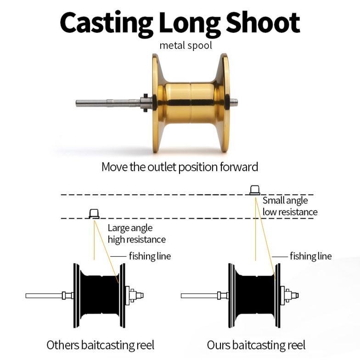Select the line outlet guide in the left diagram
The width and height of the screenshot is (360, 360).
(94, 213)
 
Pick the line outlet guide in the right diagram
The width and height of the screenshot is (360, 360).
(254, 190)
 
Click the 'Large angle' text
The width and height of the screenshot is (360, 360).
(130, 228)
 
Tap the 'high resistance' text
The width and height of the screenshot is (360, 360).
(136, 239)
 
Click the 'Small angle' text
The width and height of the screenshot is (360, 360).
(285, 201)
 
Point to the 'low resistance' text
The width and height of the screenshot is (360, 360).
(290, 212)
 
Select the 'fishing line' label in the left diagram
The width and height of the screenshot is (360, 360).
(149, 256)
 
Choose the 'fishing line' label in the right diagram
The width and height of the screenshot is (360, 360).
(310, 256)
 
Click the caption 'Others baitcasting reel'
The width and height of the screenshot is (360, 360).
(100, 345)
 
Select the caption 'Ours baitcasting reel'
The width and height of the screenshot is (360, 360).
(256, 345)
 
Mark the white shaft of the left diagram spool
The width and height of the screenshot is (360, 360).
(44, 295)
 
